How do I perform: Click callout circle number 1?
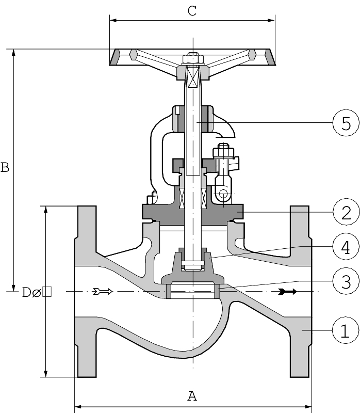click(x=345, y=330)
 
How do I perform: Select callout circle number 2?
click(x=345, y=212)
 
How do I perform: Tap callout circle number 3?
click(x=345, y=282)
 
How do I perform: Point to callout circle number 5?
click(x=345, y=123)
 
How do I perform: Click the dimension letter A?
click(x=192, y=396)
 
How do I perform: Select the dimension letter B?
click(x=5, y=168)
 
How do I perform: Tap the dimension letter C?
click(x=192, y=11)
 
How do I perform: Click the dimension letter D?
click(x=27, y=293)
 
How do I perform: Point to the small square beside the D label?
click(x=47, y=292)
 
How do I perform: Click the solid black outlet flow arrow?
click(x=287, y=292)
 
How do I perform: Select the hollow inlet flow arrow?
click(x=102, y=292)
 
